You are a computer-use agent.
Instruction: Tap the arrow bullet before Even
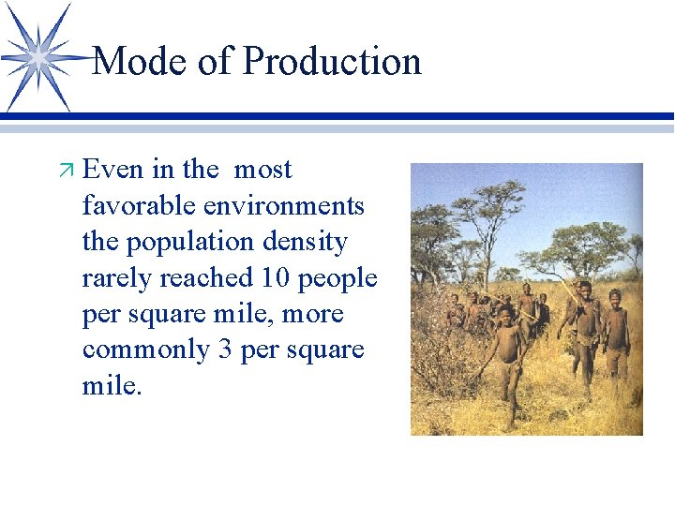pyautogui.click(x=66, y=171)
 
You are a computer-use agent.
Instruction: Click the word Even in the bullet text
pyautogui.click(x=113, y=170)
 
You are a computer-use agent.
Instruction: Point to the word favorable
pyautogui.click(x=139, y=205)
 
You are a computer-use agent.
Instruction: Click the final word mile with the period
pyautogui.click(x=112, y=385)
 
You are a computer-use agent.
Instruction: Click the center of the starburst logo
pyautogui.click(x=38, y=56)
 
